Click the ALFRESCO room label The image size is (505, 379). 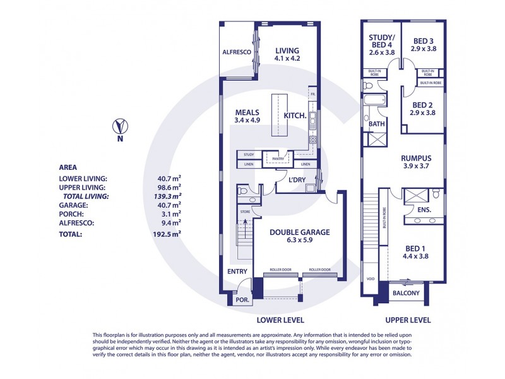pos(237,52)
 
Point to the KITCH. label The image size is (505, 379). pos(295,116)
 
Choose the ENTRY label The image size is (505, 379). pos(237,272)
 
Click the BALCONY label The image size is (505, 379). pos(406,293)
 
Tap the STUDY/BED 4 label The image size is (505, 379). pos(381,45)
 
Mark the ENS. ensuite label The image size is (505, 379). pos(424,208)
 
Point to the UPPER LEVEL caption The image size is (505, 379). pos(407,320)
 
